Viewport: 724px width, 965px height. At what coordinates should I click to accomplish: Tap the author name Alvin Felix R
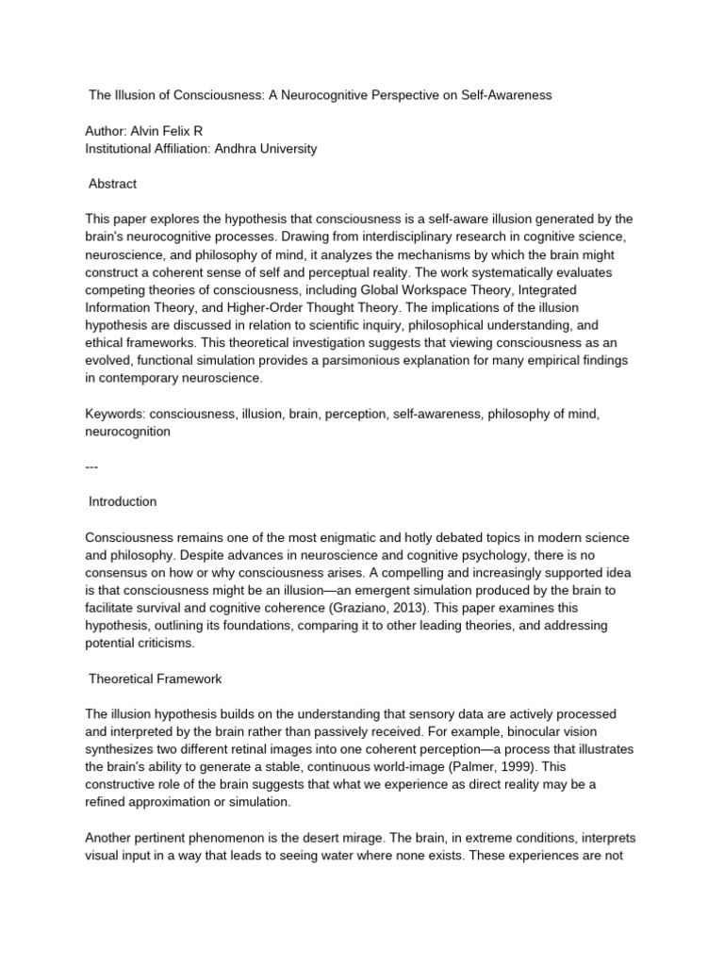[172, 132]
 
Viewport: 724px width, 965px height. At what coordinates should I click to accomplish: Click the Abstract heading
[112, 185]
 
